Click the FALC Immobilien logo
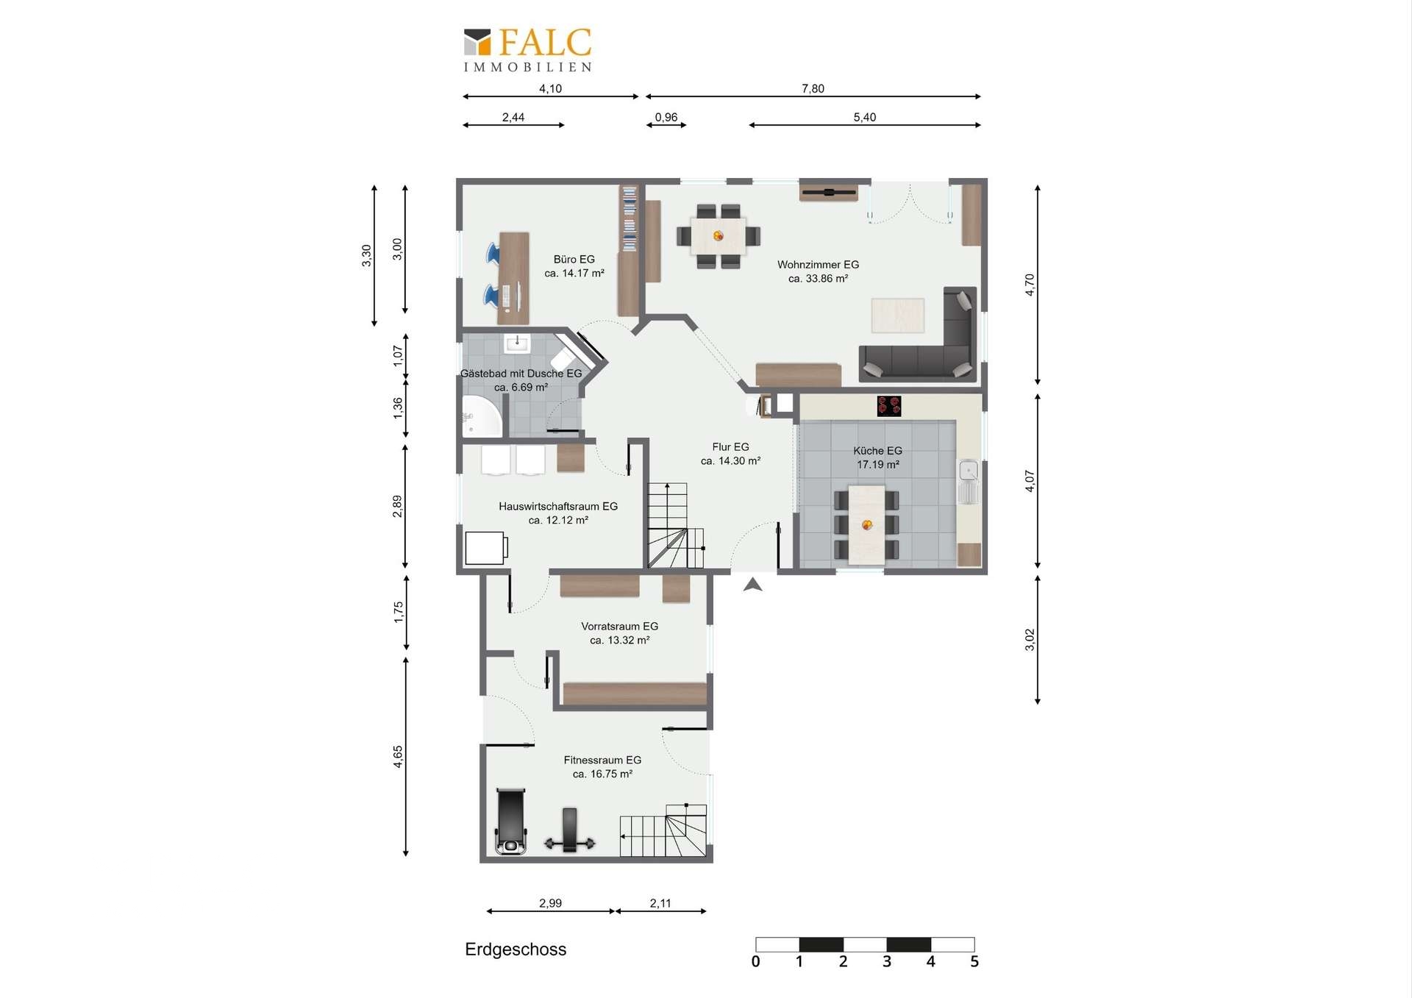tap(528, 50)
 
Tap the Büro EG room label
tap(574, 266)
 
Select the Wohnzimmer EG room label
tap(818, 271)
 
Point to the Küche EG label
tap(877, 457)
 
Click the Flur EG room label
tap(730, 454)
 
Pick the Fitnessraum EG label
tap(602, 767)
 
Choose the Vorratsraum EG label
tap(619, 633)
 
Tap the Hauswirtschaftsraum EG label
tap(558, 513)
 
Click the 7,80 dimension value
tap(813, 88)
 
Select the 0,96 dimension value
tap(666, 117)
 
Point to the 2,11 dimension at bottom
tap(660, 903)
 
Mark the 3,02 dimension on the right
tap(1030, 640)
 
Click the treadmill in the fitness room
tap(511, 821)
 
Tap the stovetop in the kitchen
tap(889, 406)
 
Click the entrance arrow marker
tap(752, 585)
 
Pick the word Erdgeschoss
tap(516, 949)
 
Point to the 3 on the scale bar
tap(887, 961)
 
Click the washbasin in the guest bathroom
tap(517, 343)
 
